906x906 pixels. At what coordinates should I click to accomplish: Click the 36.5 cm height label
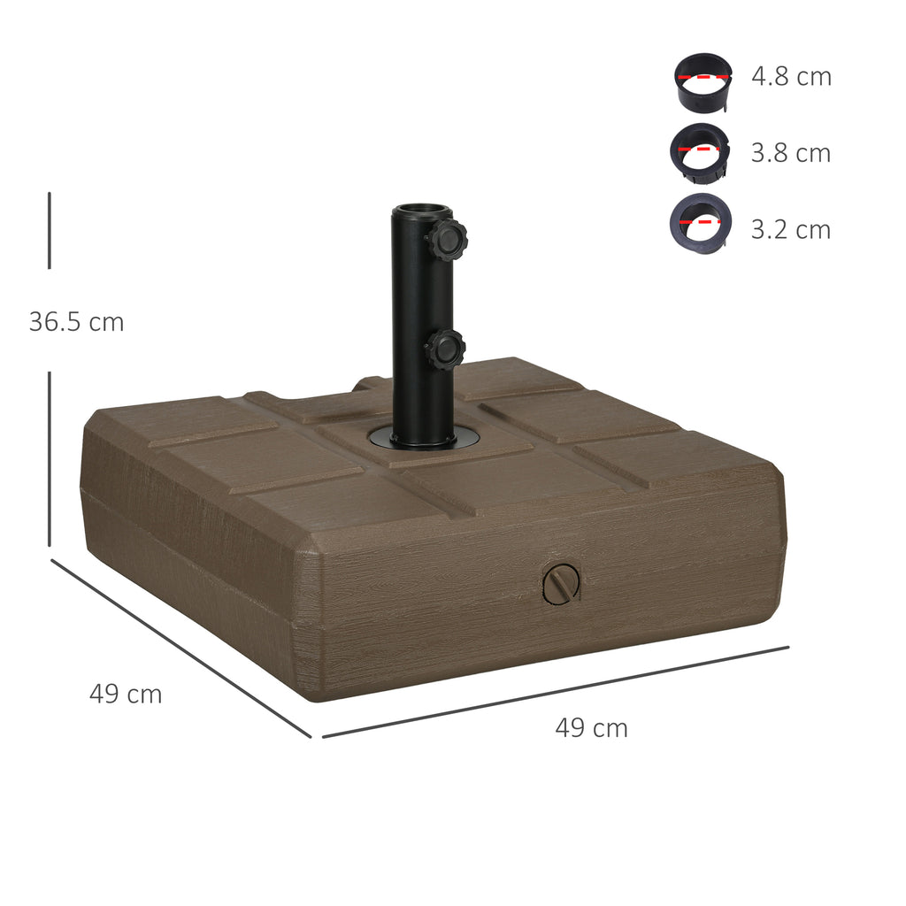tap(76, 322)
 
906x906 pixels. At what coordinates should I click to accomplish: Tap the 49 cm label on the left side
tap(126, 695)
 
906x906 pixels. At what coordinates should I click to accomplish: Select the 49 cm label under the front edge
tap(591, 728)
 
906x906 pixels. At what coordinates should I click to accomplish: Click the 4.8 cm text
tap(791, 77)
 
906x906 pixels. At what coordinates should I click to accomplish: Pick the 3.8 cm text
tap(791, 153)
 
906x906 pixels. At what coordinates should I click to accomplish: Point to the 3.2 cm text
tap(791, 230)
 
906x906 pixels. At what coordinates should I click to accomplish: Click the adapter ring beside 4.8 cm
tap(703, 83)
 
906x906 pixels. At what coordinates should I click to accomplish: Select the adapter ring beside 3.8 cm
tap(700, 153)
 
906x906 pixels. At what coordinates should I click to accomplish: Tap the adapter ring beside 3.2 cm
tap(700, 220)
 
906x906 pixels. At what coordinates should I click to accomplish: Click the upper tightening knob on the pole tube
tap(447, 239)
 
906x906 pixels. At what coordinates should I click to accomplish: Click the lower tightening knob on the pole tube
tap(445, 349)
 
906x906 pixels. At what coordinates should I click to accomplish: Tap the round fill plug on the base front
tap(560, 585)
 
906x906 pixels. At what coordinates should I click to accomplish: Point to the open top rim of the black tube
tap(422, 211)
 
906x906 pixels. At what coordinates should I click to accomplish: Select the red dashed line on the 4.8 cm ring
tap(703, 77)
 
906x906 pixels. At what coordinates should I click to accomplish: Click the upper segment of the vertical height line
tap(50, 230)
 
